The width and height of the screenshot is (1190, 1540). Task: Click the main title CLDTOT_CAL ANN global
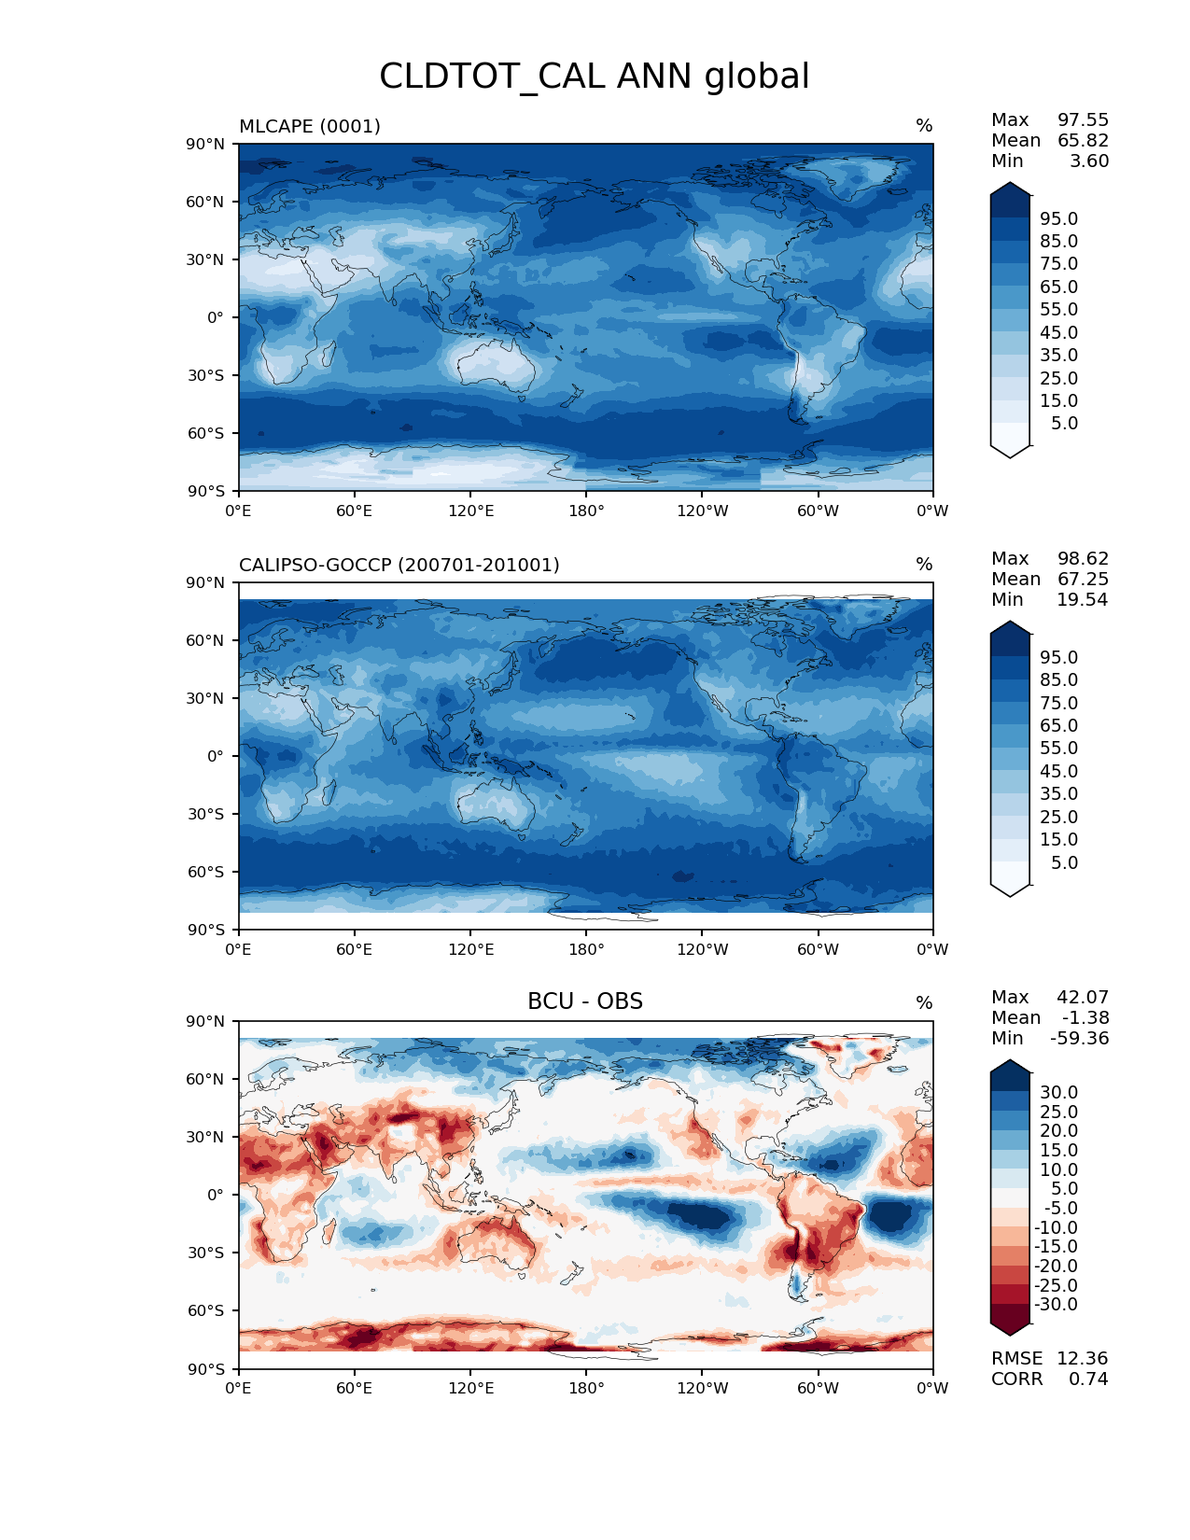click(594, 77)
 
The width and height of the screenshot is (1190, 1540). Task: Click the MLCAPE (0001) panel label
click(310, 126)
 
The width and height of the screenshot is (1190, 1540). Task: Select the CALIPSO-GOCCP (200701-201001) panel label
click(399, 565)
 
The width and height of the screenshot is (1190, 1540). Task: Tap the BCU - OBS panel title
click(585, 1001)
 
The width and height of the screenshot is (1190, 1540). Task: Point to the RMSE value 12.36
click(1082, 1358)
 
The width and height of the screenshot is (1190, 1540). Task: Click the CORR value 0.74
click(1088, 1379)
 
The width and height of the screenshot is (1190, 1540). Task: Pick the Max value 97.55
click(1083, 119)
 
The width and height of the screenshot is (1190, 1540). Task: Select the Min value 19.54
click(1083, 599)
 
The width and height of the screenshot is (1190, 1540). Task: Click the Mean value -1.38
click(1085, 1017)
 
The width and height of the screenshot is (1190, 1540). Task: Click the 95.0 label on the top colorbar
click(1058, 218)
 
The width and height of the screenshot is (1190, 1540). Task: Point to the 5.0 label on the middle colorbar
click(1064, 862)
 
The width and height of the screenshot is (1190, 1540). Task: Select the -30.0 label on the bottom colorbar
click(1056, 1304)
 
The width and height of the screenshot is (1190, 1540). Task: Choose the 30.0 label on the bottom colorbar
click(1058, 1092)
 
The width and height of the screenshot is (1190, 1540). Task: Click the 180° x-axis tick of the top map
click(586, 511)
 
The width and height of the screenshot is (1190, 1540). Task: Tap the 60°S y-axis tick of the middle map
click(206, 872)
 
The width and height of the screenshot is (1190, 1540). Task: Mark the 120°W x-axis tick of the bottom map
click(702, 1388)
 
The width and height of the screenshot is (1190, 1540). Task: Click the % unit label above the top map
click(924, 126)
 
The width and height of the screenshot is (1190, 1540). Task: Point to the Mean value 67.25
click(1083, 579)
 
